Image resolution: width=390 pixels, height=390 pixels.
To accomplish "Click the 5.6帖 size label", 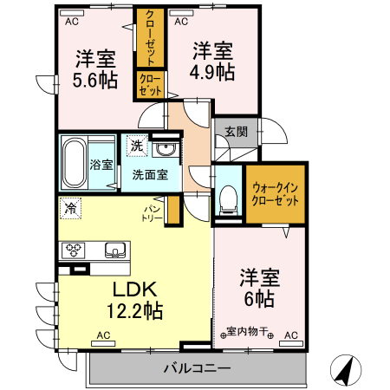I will pos(96,79).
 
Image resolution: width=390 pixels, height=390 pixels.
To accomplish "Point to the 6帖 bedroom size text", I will pos(257,300).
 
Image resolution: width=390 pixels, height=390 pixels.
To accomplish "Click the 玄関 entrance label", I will pos(236,132).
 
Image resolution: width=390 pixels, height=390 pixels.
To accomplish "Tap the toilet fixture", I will pos(230,198).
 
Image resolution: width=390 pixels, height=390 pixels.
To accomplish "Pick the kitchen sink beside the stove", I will pos(114,250).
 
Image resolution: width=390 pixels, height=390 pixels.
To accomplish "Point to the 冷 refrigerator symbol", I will pos(69,209).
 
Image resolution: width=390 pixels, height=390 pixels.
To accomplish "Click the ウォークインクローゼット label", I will pos(276,193).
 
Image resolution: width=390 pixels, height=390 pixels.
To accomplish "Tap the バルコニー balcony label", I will pos(197,369).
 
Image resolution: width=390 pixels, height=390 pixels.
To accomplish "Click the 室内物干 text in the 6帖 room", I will pos(249,332).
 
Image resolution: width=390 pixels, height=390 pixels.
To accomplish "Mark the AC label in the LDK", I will pos(103,335).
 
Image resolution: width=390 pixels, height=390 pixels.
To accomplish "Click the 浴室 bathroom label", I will pos(101,165).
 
